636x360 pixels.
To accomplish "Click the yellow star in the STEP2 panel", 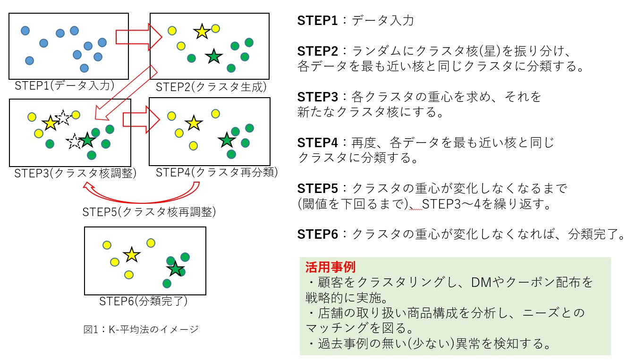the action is (x=202, y=32).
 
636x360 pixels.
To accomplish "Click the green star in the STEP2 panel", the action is (x=213, y=56).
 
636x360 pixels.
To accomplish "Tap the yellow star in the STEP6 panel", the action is (x=132, y=254).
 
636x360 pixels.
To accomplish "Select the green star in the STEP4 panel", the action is (x=227, y=140).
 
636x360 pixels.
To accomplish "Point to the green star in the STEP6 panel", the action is (x=175, y=269).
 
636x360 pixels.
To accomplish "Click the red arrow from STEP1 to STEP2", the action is (x=139, y=37).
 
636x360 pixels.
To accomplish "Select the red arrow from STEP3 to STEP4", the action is (x=141, y=119).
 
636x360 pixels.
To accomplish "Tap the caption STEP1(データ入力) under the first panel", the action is (x=65, y=85).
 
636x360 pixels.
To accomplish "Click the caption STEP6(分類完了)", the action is (x=144, y=301).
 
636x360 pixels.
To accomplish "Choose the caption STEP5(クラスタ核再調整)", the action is (x=149, y=212).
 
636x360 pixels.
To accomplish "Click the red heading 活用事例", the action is (x=330, y=267).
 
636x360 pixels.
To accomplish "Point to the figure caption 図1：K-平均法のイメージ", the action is (x=141, y=329).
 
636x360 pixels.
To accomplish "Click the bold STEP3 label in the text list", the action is (x=318, y=97).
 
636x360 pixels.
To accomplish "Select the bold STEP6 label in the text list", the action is (x=318, y=234).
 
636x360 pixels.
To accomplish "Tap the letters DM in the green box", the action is (x=481, y=282).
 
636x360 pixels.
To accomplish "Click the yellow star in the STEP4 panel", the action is (x=194, y=123).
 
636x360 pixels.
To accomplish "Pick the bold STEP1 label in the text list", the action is (x=317, y=20).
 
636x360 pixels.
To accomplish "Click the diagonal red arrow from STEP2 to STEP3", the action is (x=126, y=93).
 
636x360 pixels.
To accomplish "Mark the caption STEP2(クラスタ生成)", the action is (x=211, y=87).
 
